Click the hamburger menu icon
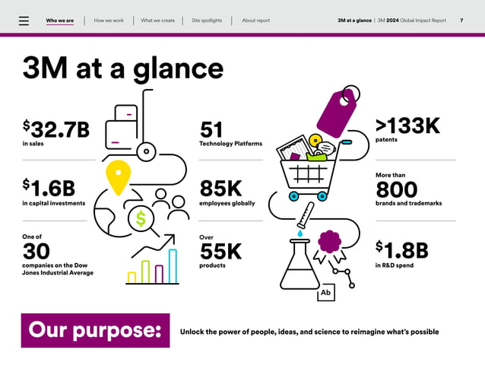(x=24, y=21)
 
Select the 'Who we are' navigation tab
(x=59, y=21)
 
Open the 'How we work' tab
(x=109, y=21)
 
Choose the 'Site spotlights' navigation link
(x=207, y=21)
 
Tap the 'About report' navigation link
(x=255, y=21)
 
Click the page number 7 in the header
(x=461, y=21)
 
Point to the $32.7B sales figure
(x=56, y=130)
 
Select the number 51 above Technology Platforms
(x=211, y=130)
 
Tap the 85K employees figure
(x=220, y=189)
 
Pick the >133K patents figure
(x=407, y=126)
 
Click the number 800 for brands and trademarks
(x=397, y=189)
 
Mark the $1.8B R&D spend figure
(x=402, y=250)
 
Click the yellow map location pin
(x=116, y=176)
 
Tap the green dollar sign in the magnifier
(x=140, y=219)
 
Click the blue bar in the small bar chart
(x=173, y=266)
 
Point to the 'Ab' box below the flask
(x=325, y=293)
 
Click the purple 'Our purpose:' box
(x=95, y=331)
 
